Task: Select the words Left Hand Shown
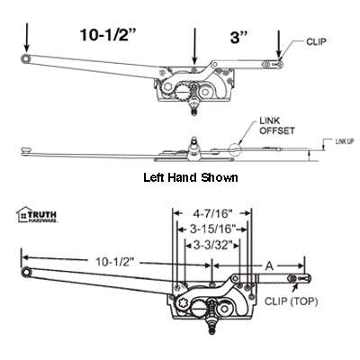point(191,177)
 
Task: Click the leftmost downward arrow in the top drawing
point(26,36)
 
